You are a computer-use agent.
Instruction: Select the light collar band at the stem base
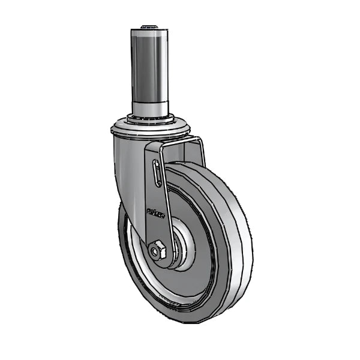[x=151, y=109]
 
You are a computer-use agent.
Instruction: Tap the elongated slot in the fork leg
[x=157, y=175]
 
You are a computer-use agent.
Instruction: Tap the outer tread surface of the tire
[x=237, y=240]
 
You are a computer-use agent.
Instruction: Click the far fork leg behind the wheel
[x=200, y=153]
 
